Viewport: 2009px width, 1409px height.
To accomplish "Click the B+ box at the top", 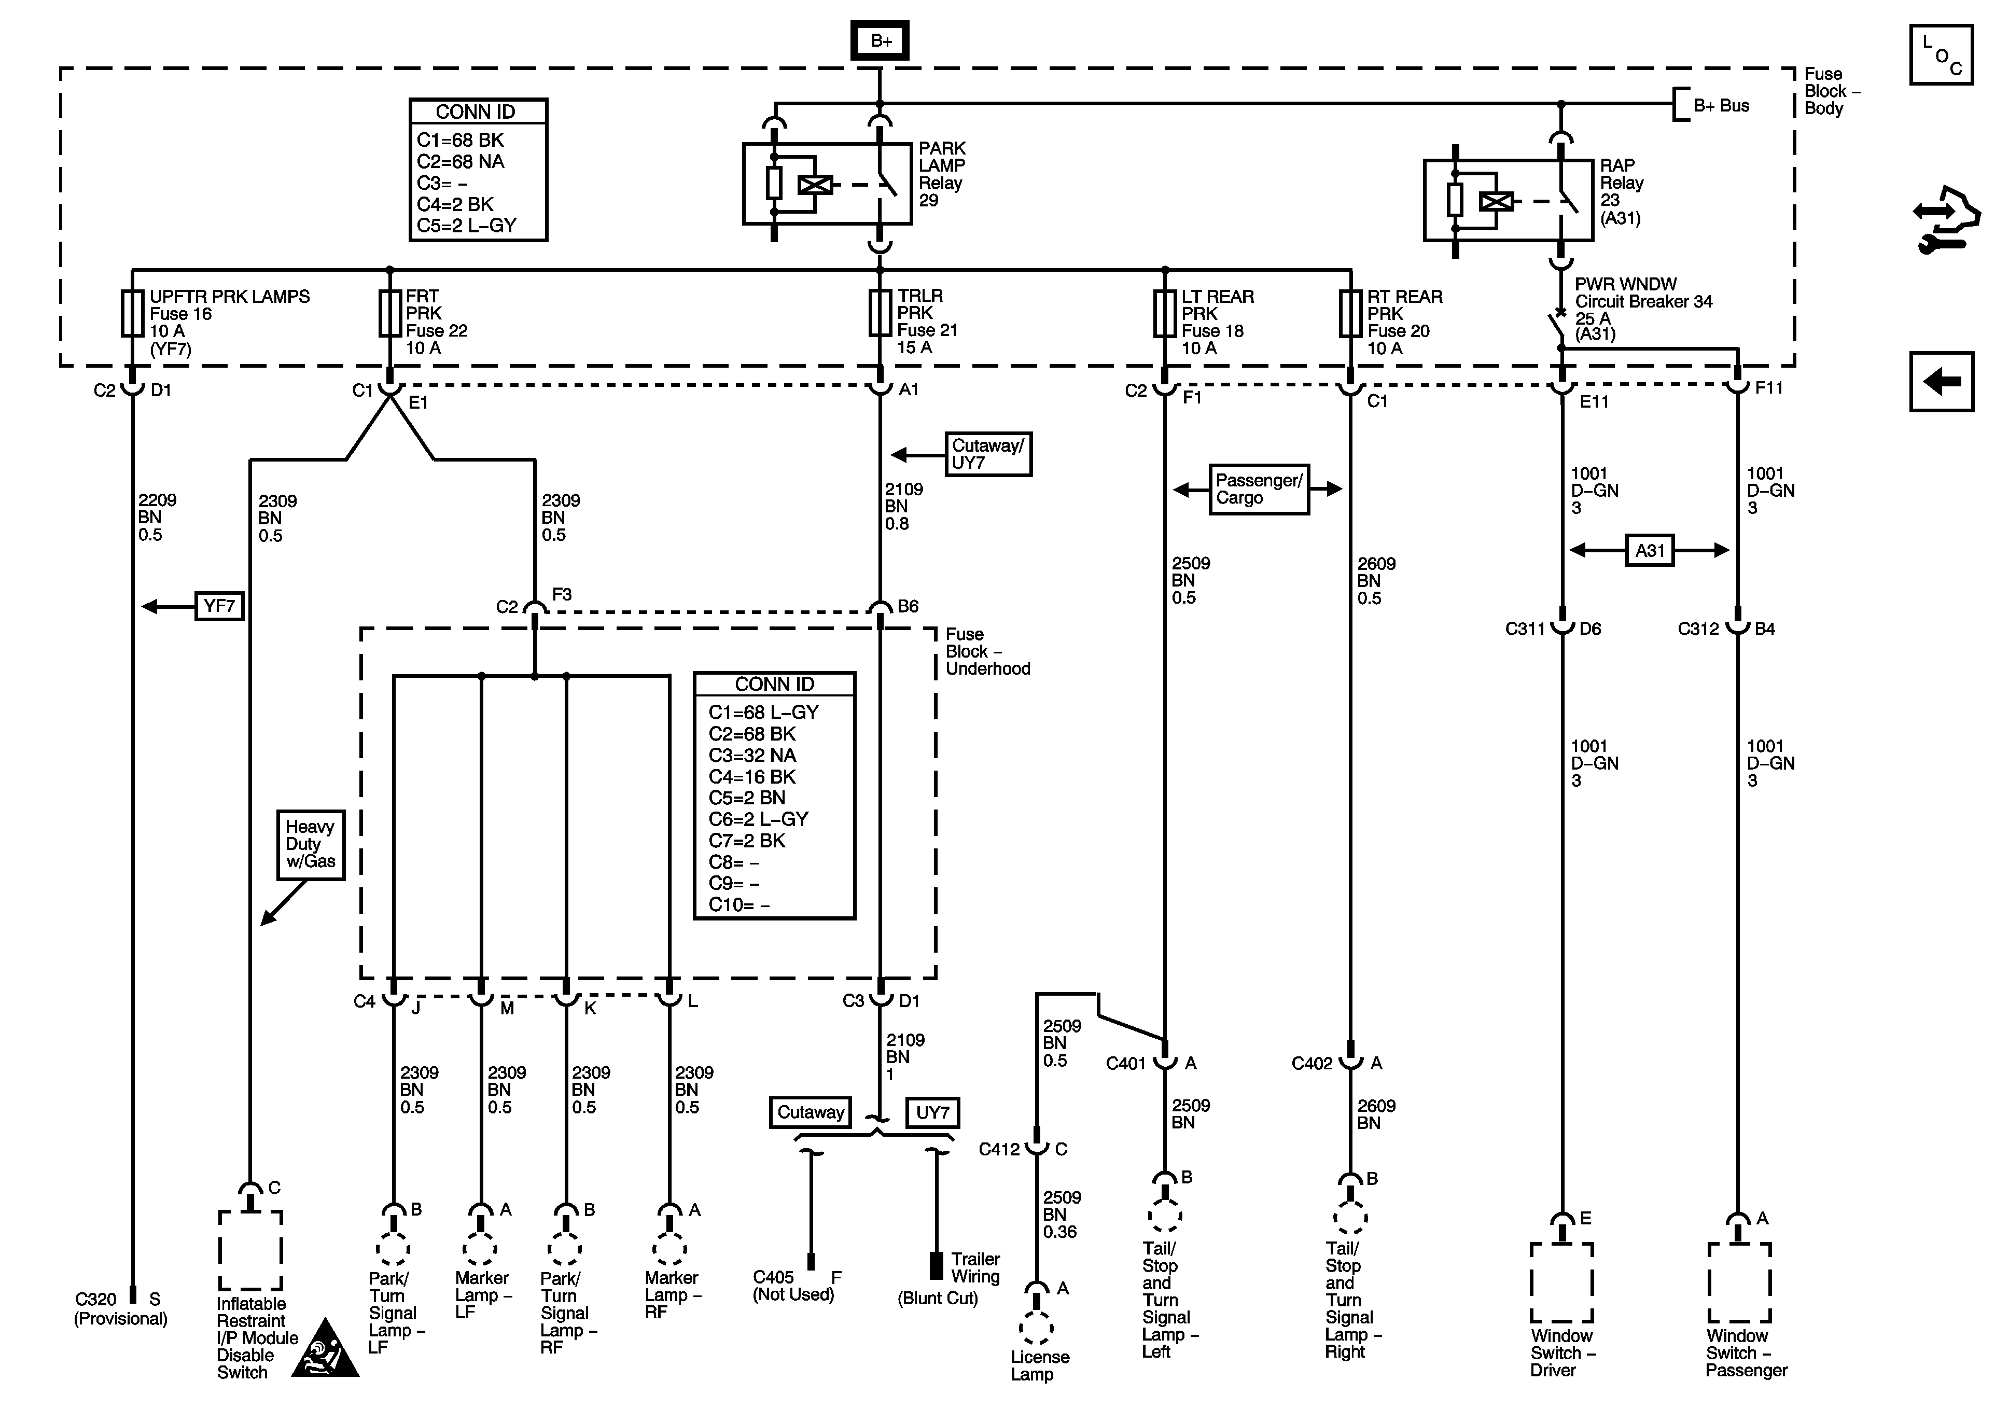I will click(880, 41).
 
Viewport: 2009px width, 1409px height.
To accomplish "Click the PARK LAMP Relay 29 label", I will click(942, 174).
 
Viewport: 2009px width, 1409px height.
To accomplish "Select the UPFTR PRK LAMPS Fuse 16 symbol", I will click(132, 313).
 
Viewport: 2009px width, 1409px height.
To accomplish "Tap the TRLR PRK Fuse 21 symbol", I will click(880, 313).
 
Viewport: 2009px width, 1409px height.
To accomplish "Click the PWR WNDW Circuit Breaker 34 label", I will click(1642, 309).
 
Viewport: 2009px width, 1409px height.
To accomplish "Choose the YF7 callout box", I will click(219, 606).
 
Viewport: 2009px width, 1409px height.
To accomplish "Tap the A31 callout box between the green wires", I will click(1650, 550).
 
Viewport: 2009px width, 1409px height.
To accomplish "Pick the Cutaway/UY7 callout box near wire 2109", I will click(988, 454).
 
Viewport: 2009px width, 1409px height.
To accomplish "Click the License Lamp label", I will click(1039, 1365).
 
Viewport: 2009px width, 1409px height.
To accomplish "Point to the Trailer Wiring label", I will click(975, 1268).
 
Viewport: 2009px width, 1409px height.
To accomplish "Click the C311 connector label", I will click(1525, 629).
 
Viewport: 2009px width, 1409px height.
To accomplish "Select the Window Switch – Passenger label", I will click(1746, 1353).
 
